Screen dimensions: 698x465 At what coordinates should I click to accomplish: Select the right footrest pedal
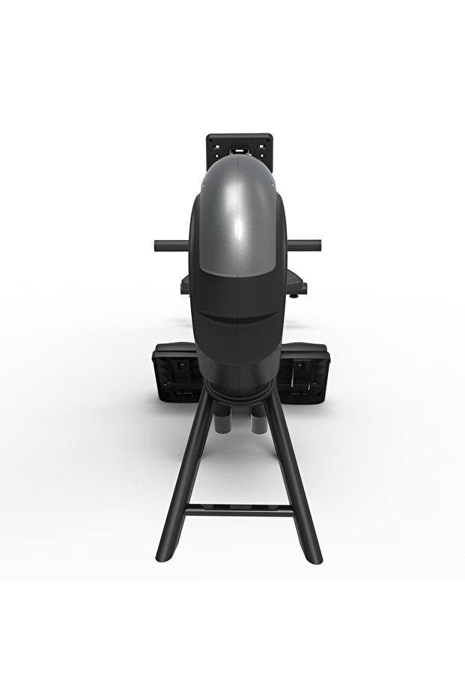click(304, 372)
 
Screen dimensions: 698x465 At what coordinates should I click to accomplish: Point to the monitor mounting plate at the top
click(238, 144)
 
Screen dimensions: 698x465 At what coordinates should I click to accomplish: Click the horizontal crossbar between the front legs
click(238, 511)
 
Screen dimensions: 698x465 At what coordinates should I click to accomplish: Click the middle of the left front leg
click(183, 472)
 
